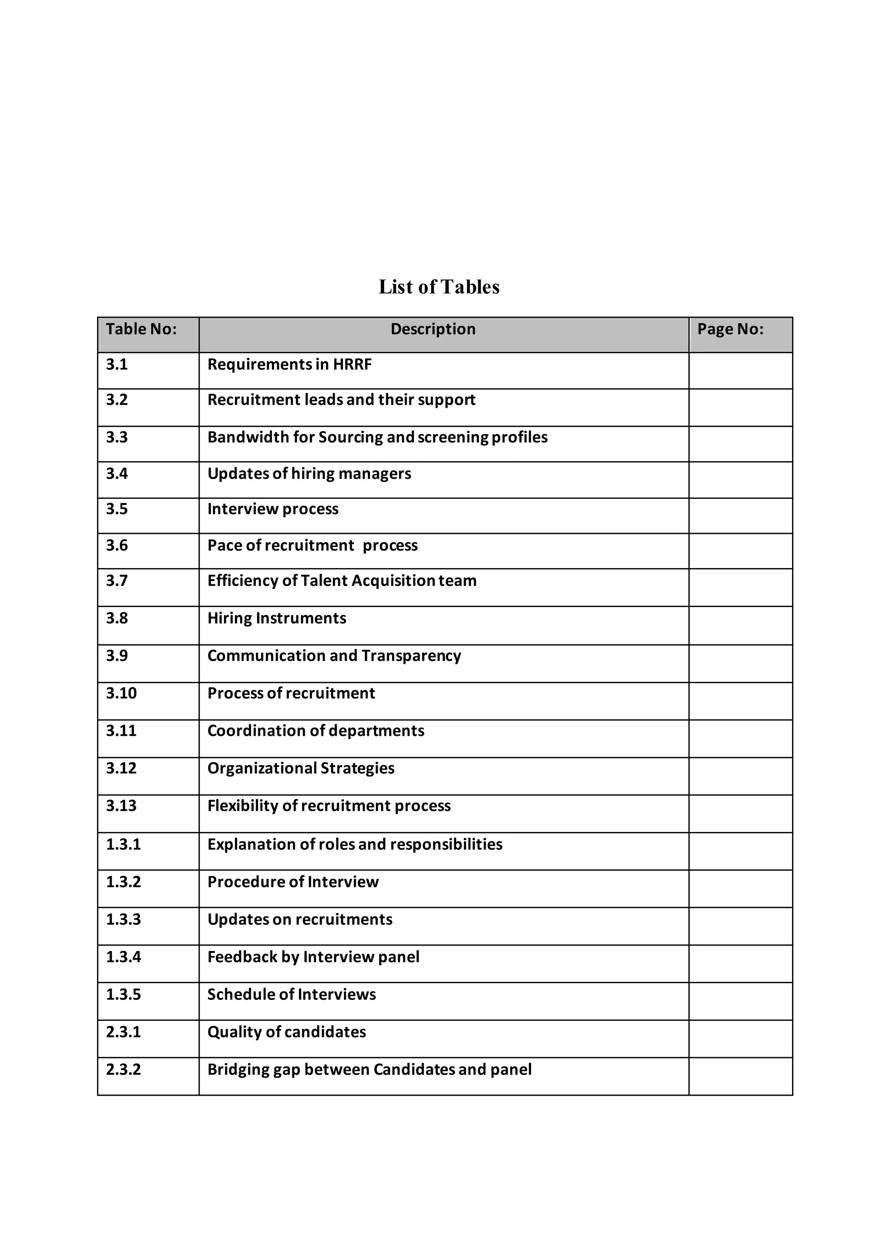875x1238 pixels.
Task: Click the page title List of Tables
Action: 439,287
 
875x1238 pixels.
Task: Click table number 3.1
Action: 117,365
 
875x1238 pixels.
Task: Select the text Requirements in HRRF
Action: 289,365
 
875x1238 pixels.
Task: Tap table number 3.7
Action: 117,581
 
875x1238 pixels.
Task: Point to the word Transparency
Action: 411,656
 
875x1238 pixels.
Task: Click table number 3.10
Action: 121,693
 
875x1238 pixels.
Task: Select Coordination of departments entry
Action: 316,731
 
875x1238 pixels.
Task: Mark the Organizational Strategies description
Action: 301,768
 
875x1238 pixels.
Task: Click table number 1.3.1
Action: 123,844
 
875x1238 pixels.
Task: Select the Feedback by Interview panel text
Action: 313,957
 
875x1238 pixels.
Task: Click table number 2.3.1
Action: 123,1032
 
